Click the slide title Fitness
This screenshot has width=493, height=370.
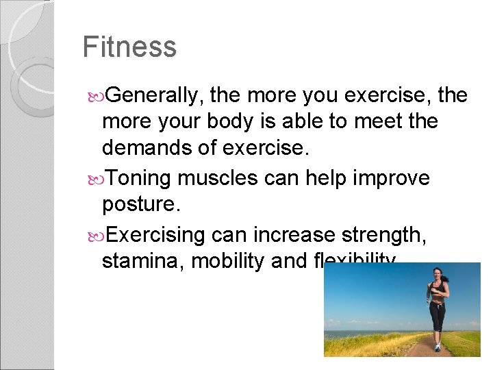pyautogui.click(x=129, y=47)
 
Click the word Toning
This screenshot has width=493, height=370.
pyautogui.click(x=140, y=178)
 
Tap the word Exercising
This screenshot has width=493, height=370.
pyautogui.click(x=156, y=235)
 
